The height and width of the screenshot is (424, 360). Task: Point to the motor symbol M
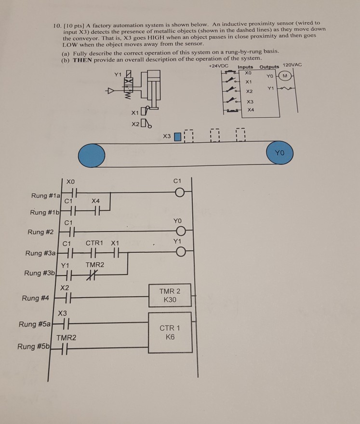(x=285, y=76)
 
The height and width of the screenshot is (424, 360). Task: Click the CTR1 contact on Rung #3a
(x=92, y=252)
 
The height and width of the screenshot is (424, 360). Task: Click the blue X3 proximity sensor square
(x=177, y=137)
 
